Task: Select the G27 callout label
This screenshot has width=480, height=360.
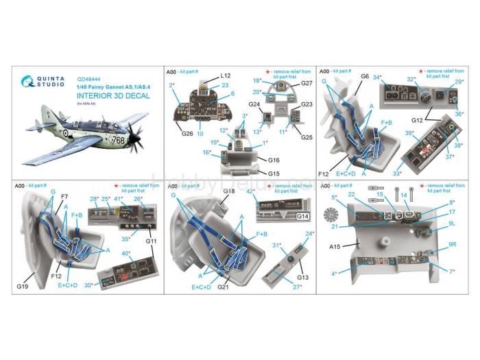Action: point(306,83)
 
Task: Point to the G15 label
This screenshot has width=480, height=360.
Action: point(273,173)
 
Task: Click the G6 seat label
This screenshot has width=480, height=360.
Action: point(365,76)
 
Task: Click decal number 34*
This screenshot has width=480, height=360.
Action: point(376,77)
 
